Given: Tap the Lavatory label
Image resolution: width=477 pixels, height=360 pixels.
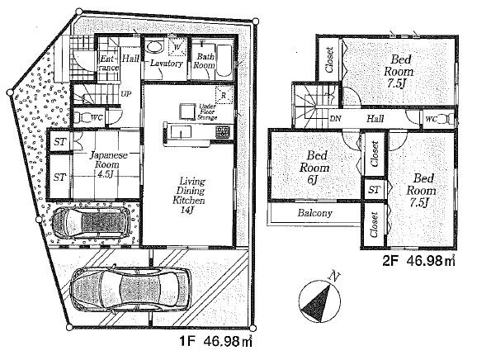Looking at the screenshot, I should [x=166, y=64].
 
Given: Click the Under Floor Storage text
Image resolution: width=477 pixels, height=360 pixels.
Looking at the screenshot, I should [x=208, y=112].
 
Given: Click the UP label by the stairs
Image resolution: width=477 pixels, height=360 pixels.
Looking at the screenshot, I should [x=126, y=94].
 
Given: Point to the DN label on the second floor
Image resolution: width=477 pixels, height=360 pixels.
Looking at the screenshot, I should [x=337, y=119].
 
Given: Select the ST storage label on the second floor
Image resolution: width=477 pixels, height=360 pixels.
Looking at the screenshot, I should [x=374, y=191].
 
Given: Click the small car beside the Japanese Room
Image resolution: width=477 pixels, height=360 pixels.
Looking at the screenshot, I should [x=88, y=222].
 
